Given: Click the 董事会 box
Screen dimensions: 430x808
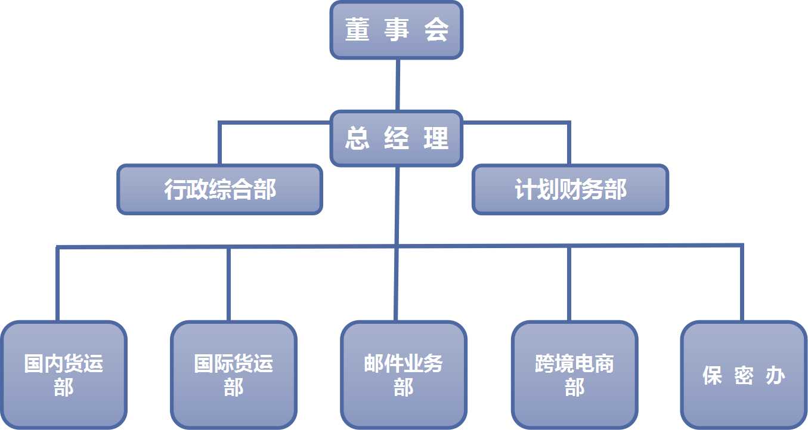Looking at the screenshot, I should pyautogui.click(x=397, y=30).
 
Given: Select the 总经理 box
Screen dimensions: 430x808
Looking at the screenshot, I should pyautogui.click(x=397, y=138).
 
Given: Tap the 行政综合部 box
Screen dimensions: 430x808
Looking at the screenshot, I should pyautogui.click(x=220, y=190).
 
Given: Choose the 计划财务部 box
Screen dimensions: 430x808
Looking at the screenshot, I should pyautogui.click(x=570, y=190).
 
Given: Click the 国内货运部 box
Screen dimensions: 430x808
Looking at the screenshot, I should pyautogui.click(x=64, y=375).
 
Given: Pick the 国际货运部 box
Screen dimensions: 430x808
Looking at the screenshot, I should pyautogui.click(x=234, y=375).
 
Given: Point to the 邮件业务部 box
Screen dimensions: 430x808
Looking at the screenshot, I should pyautogui.click(x=404, y=375).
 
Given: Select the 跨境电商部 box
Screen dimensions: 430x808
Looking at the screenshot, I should pyautogui.click(x=574, y=375).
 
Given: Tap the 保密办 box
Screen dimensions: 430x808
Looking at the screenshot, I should pyautogui.click(x=744, y=375).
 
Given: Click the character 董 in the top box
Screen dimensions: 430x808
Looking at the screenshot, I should pyautogui.click(x=357, y=30).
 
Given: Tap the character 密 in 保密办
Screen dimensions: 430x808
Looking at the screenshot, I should pyautogui.click(x=744, y=376).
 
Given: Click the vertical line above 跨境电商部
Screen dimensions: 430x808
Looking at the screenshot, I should pyautogui.click(x=569, y=284).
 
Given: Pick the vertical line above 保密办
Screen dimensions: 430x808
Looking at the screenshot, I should pyautogui.click(x=741, y=284).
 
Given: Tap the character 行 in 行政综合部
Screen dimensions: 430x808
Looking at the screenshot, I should pyautogui.click(x=175, y=190).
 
